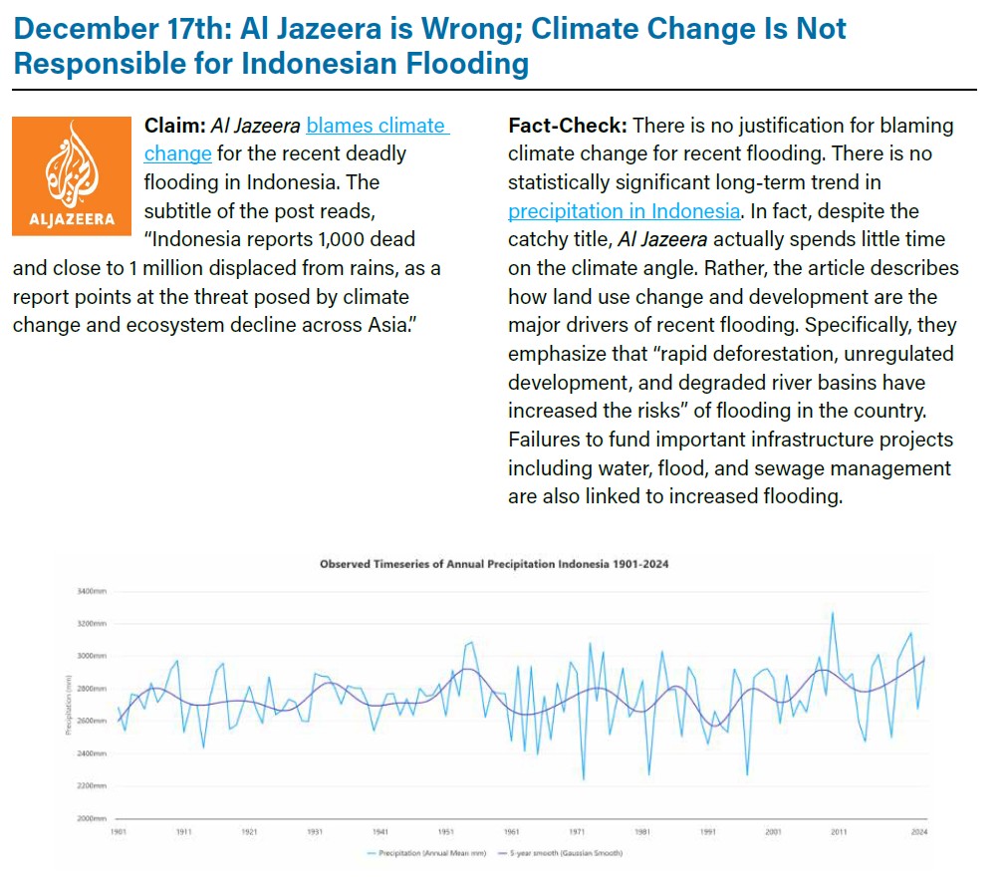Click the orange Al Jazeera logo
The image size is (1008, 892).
click(71, 176)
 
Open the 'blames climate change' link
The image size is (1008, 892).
click(377, 127)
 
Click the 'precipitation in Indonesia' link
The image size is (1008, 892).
click(624, 211)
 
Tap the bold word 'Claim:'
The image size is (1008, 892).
click(174, 126)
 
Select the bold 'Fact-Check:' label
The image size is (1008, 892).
click(566, 126)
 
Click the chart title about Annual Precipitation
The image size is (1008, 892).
click(493, 564)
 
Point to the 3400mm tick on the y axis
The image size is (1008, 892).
click(92, 592)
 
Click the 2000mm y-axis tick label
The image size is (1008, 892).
click(92, 818)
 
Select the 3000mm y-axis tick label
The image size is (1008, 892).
click(92, 657)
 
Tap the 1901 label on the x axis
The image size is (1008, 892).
click(118, 830)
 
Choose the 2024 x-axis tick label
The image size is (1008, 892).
click(919, 830)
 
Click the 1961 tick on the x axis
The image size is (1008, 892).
click(511, 830)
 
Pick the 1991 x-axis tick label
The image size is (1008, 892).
click(707, 830)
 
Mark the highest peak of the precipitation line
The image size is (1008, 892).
click(832, 612)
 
